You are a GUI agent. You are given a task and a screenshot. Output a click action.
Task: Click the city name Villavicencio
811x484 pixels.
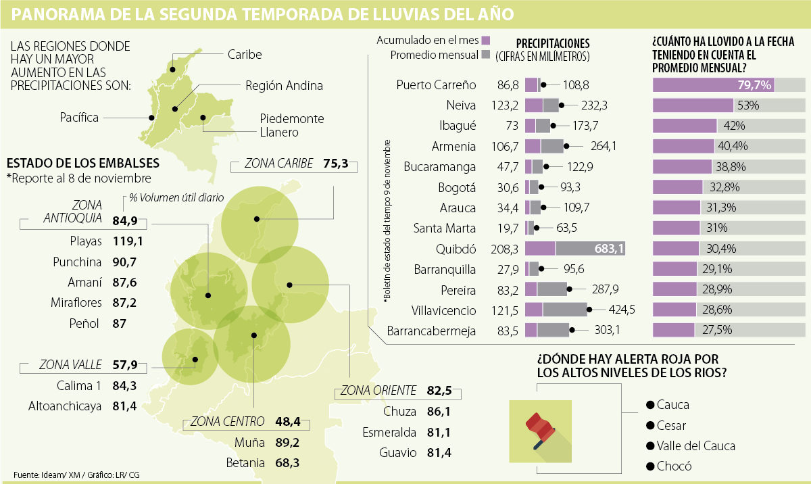coord(443,311)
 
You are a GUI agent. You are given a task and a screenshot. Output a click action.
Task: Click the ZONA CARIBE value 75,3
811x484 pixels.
coord(335,163)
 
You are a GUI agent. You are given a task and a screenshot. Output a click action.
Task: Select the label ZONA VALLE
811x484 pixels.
coord(70,365)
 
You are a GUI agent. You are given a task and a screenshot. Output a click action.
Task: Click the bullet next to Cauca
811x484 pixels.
coord(650,405)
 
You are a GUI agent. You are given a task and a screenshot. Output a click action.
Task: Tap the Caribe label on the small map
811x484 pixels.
coord(245,54)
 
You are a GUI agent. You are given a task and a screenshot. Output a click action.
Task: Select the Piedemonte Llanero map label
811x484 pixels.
coord(291,126)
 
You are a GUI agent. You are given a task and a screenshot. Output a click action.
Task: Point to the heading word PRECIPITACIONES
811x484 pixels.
coord(552,43)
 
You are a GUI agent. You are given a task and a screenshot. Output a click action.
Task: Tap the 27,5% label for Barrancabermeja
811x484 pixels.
coord(714,331)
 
